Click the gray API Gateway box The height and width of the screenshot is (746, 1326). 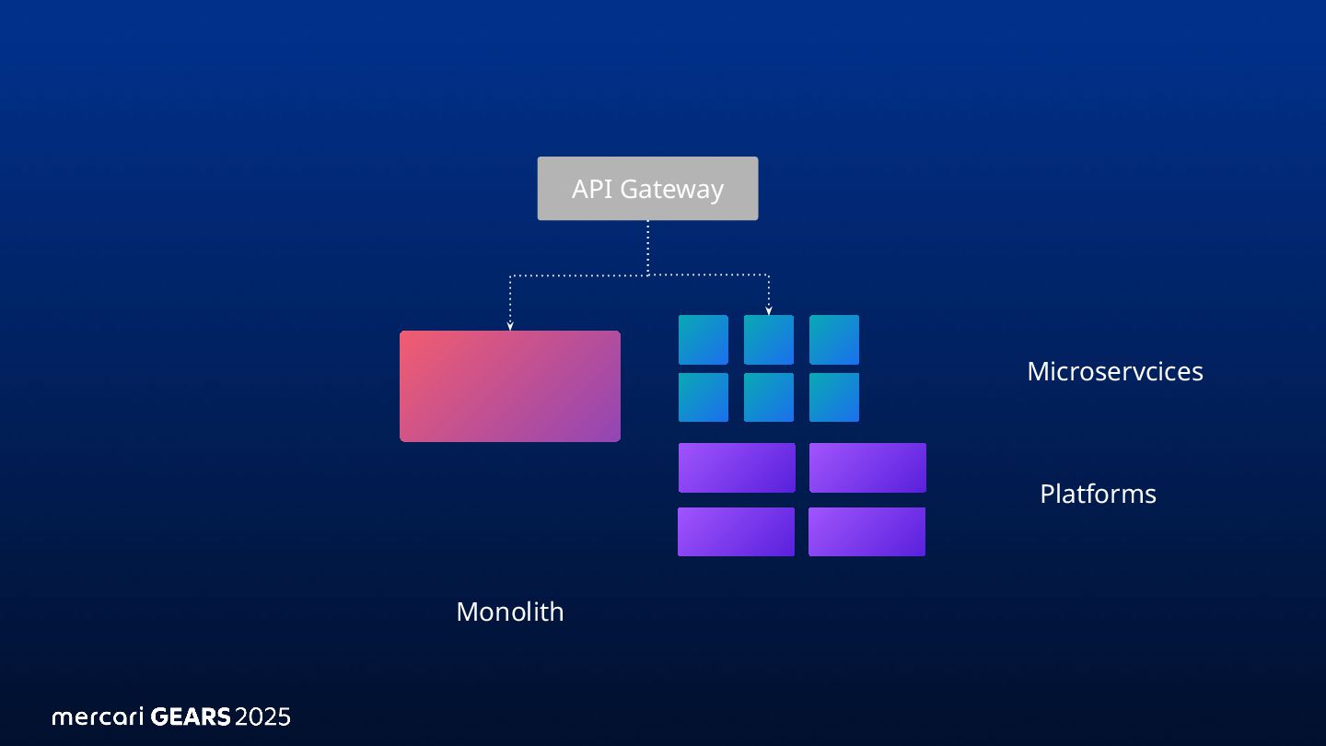coord(647,189)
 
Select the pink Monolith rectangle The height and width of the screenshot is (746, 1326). coord(509,386)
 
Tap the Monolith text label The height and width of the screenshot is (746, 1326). coord(509,612)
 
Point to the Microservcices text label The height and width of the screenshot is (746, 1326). coord(1114,371)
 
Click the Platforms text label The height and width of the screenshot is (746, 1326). coord(1098,494)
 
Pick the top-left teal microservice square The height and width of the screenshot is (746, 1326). coord(704,340)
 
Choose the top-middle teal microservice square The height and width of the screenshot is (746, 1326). coord(769,340)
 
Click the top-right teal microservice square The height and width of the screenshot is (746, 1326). coord(834,340)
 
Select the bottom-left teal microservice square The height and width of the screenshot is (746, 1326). coord(704,397)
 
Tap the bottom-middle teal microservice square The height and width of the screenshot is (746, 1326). coord(769,397)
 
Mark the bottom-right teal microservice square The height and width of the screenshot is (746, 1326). coord(834,397)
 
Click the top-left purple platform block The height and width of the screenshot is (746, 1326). coord(737,468)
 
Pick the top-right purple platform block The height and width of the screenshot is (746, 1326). coord(867,468)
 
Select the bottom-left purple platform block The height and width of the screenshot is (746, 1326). coord(736,531)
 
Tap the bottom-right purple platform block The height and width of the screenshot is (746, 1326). coord(867,531)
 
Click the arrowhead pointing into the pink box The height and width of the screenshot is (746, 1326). coord(509,325)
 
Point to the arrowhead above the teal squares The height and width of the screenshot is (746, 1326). coord(769,310)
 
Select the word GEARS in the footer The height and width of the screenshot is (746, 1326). coord(190,717)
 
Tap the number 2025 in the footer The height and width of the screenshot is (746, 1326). coord(262,717)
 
